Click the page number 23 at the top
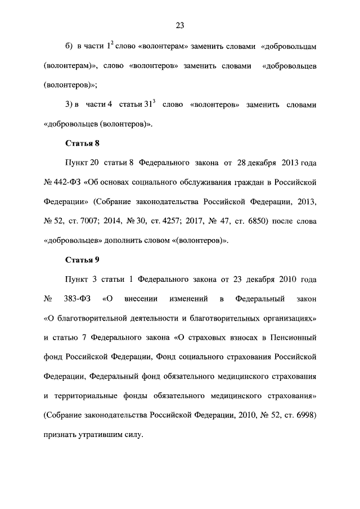(x=180, y=25)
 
